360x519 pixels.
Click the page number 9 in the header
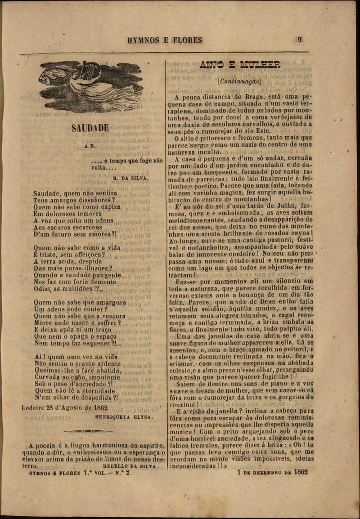pyautogui.click(x=299, y=40)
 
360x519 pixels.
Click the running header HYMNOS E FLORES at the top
pyautogui.click(x=165, y=40)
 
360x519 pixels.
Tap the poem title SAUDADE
pyautogui.click(x=90, y=128)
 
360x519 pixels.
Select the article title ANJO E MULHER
pyautogui.click(x=239, y=65)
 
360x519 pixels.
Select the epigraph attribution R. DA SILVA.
pyautogui.click(x=130, y=178)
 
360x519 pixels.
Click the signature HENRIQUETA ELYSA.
pyautogui.click(x=124, y=417)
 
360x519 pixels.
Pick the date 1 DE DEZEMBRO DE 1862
pyautogui.click(x=272, y=472)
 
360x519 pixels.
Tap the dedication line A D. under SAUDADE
pyautogui.click(x=89, y=147)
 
